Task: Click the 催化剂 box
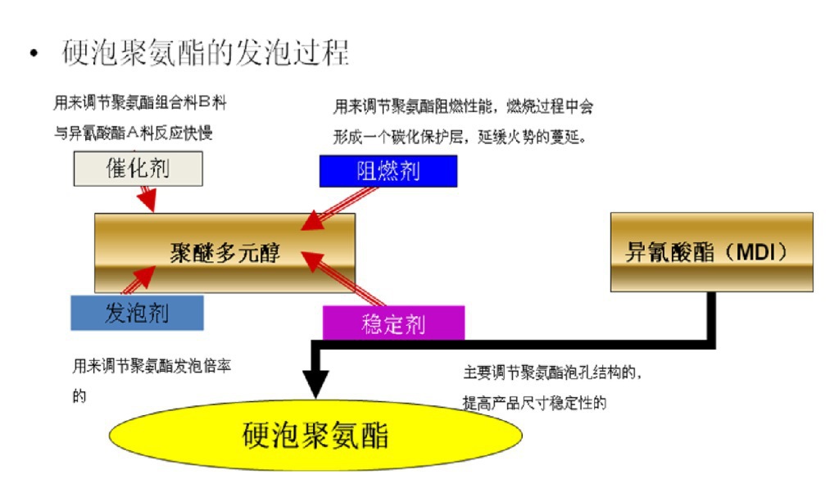(x=138, y=169)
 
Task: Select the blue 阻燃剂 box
(x=388, y=170)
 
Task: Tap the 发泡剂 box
(x=137, y=312)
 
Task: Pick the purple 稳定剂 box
(x=392, y=323)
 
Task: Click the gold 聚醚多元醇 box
(x=224, y=253)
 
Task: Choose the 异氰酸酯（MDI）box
(x=711, y=252)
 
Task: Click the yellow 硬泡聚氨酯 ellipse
(x=315, y=435)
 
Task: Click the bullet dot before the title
(x=34, y=55)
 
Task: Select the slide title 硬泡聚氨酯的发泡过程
(x=206, y=53)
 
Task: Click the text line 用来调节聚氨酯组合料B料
(x=140, y=104)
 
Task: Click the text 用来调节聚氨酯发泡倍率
(x=152, y=366)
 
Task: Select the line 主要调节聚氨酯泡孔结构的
(x=551, y=373)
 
